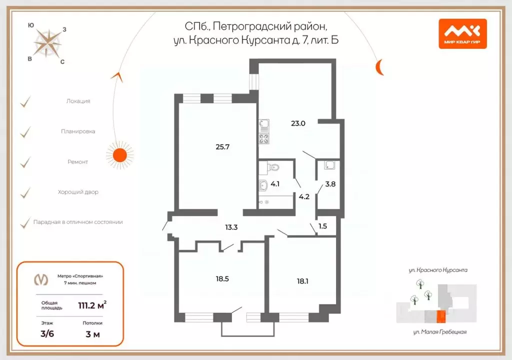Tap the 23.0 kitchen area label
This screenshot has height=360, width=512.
(x=298, y=122)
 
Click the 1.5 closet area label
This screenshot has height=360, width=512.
(x=322, y=226)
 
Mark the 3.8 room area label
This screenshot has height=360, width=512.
(x=330, y=183)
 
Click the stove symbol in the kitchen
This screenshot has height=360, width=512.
(x=264, y=138)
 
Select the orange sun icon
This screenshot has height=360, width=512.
(x=119, y=154)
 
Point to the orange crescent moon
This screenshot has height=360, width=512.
(x=381, y=66)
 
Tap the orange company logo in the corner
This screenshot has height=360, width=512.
(x=462, y=33)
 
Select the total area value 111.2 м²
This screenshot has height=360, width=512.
(x=91, y=305)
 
